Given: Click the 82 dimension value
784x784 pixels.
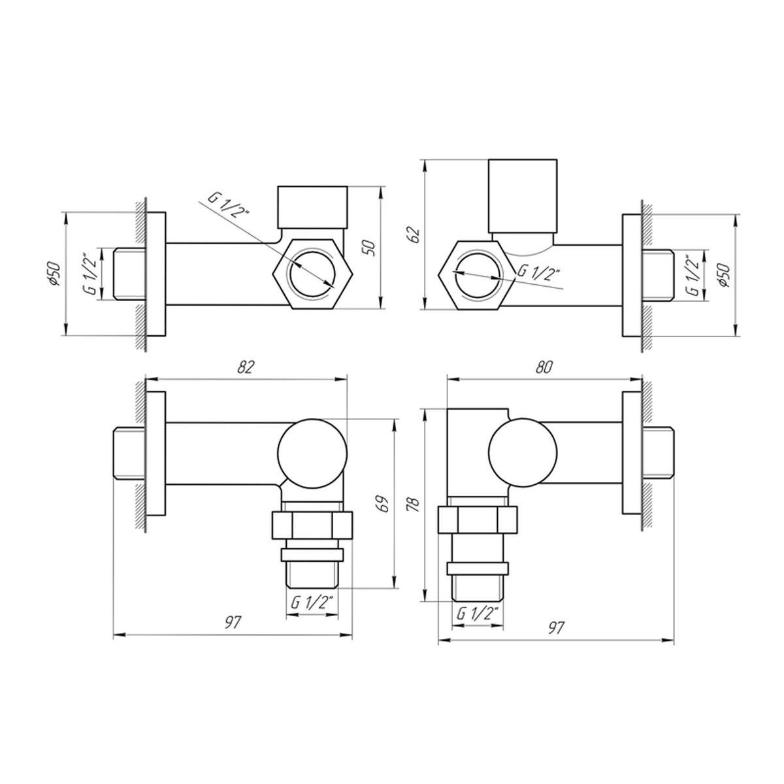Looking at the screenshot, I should click(x=245, y=367).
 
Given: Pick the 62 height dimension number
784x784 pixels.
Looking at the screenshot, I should click(x=413, y=235).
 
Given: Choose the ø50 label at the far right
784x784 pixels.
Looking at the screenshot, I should click(x=725, y=274).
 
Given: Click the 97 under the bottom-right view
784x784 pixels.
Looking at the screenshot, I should click(x=555, y=628).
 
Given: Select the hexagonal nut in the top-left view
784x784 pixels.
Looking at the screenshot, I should click(x=313, y=273).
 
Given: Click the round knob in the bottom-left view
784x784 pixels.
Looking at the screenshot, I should click(x=312, y=451).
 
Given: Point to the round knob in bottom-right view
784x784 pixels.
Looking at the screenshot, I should click(x=523, y=451).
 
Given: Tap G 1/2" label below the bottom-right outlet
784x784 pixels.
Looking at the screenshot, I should click(x=478, y=613).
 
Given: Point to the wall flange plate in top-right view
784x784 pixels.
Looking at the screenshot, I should click(x=631, y=274).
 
